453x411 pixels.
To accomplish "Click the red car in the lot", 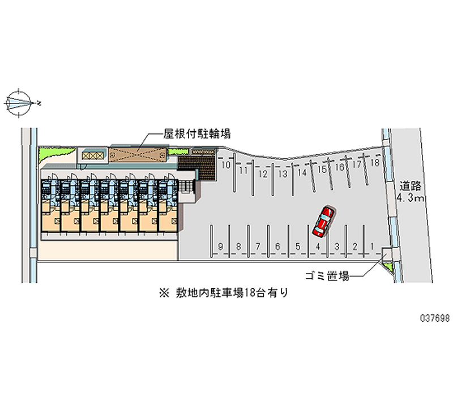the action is (323, 220).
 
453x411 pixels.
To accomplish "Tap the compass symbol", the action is (21, 103).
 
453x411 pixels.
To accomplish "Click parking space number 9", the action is (220, 246).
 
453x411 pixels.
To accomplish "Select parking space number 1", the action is (372, 246).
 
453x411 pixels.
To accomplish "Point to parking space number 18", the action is (374, 163).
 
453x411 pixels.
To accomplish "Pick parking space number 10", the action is (225, 165).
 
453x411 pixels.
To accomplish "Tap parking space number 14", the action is (302, 172).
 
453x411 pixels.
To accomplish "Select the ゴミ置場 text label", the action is (326, 276).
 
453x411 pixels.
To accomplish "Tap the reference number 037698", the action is (434, 319).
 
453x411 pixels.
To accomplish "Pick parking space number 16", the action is (340, 167).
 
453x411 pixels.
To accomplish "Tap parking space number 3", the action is (336, 246).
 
